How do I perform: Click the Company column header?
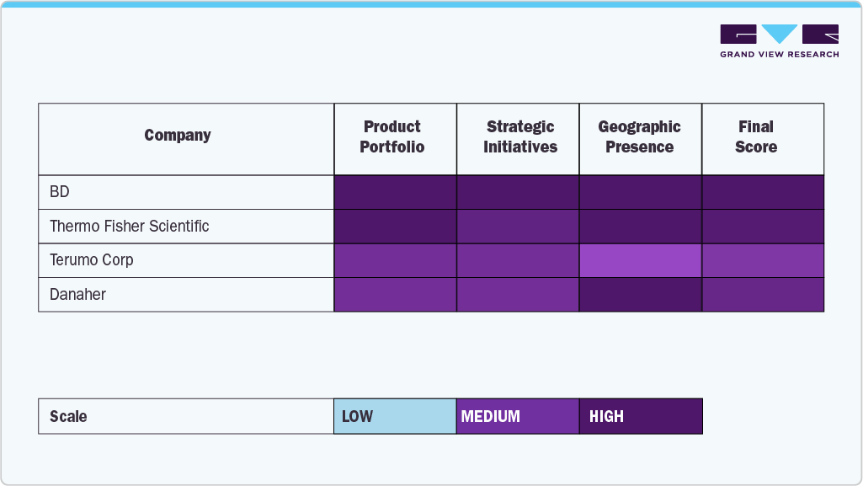coord(178,136)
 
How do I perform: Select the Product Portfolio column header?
coord(392,137)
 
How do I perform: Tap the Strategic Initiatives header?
coord(520,137)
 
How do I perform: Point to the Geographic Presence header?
coord(639,137)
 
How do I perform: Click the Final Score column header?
coord(755,137)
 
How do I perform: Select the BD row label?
coord(60,192)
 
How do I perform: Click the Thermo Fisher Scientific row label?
coord(130,226)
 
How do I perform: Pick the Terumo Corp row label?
coord(92,260)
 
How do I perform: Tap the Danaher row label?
coord(78,295)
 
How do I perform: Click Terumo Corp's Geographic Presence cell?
coord(640,260)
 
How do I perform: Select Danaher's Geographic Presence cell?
coord(640,295)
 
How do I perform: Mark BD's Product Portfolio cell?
coord(395,192)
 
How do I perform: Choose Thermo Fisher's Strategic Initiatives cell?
coord(518,226)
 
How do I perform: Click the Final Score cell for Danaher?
coord(763,295)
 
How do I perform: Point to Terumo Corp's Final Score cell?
coord(763,260)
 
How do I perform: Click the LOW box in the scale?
coord(395,416)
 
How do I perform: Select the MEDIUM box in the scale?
coord(518,416)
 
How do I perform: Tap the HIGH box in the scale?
coord(641,416)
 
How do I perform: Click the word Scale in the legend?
coord(68,416)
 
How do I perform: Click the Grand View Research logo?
coord(779,41)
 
